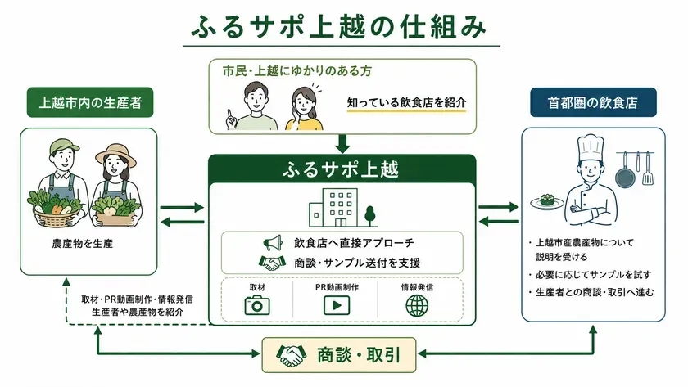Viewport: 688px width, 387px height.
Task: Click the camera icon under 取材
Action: tap(257, 305)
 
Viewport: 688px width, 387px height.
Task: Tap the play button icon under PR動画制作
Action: tap(337, 305)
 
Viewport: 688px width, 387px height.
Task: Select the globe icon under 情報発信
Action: tap(417, 305)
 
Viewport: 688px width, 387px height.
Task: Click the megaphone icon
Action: tap(273, 242)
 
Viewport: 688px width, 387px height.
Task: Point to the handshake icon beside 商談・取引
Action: tap(291, 355)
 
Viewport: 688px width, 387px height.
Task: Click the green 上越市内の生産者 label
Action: tap(90, 102)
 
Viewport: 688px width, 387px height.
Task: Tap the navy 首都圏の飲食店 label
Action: tap(593, 102)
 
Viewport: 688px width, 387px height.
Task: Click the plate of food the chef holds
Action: tap(547, 202)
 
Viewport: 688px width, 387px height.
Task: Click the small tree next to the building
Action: tap(370, 217)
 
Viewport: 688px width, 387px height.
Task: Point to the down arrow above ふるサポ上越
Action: tap(342, 144)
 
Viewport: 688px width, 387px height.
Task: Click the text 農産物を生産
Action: tap(83, 244)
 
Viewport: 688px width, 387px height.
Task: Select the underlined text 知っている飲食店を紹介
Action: tap(406, 102)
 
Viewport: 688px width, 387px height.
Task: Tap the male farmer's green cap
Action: tap(64, 146)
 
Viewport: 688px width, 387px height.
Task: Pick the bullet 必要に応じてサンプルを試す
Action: tap(593, 275)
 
